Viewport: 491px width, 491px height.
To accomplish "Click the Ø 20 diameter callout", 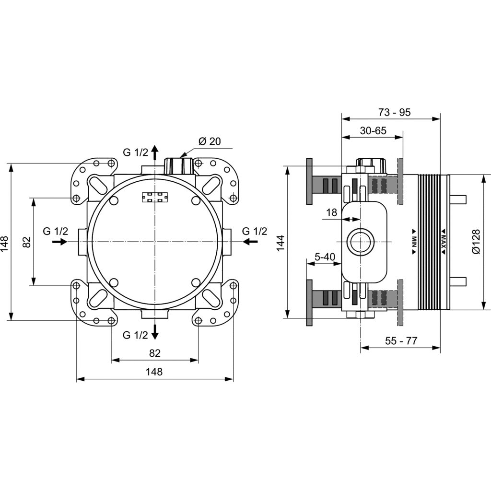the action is pyautogui.click(x=210, y=141).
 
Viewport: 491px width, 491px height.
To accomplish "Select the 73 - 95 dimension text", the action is pyautogui.click(x=394, y=112).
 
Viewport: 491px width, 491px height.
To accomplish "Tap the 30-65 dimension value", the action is pyautogui.click(x=373, y=130).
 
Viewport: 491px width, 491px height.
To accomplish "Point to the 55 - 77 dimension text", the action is pyautogui.click(x=401, y=341).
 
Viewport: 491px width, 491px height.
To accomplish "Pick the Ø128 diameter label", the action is pyautogui.click(x=476, y=242).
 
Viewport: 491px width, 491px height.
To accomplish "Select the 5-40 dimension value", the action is pyautogui.click(x=325, y=257).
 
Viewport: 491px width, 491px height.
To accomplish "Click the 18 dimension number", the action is pyautogui.click(x=332, y=212).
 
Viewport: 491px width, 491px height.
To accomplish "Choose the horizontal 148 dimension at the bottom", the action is pyautogui.click(x=154, y=372).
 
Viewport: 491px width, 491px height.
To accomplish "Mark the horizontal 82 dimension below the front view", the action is pyautogui.click(x=155, y=353).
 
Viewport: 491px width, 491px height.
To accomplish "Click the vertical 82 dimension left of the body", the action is pyautogui.click(x=27, y=242).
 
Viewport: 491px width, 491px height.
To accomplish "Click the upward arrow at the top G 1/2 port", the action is pyautogui.click(x=155, y=152).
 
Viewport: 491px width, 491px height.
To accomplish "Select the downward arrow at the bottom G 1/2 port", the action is pyautogui.click(x=155, y=332).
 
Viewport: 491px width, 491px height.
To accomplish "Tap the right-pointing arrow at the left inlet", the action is pyautogui.click(x=59, y=242).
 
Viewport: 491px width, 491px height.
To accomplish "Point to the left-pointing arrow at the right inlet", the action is pyautogui.click(x=250, y=242).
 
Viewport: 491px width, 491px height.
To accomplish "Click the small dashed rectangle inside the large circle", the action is pyautogui.click(x=155, y=197).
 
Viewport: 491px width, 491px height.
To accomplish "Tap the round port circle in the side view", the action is pyautogui.click(x=361, y=242).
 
